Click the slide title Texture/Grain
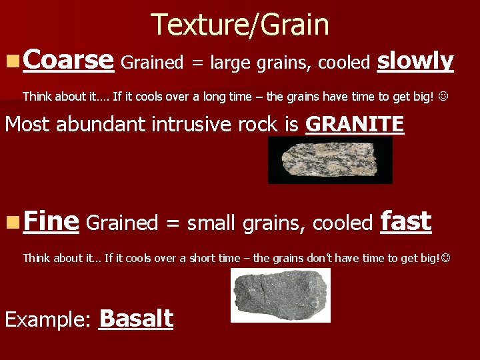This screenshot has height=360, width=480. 240,25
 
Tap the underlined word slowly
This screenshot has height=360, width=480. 415,61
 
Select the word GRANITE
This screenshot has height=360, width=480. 355,124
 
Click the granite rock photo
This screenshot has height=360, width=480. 330,160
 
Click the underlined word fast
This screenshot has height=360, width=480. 405,222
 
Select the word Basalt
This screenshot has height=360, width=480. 136,319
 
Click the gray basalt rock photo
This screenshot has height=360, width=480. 280,295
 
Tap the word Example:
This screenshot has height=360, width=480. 47,320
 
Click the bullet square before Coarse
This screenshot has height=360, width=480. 11,62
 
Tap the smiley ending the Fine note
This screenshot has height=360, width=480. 445,257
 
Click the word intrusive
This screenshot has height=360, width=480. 198,125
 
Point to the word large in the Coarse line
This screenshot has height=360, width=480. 231,63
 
